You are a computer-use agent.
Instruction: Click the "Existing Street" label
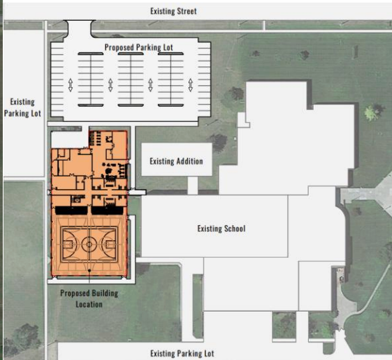(174, 11)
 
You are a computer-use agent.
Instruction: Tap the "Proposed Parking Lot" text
(139, 47)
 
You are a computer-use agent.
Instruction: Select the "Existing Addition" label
(176, 161)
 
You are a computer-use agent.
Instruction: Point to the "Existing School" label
(222, 228)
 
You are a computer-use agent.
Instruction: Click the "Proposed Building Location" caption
(89, 299)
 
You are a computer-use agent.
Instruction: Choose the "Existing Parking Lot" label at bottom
(182, 354)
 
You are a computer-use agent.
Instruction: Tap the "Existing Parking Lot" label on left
(22, 108)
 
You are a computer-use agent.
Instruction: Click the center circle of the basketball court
(89, 244)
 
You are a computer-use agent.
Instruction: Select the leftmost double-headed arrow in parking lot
(71, 85)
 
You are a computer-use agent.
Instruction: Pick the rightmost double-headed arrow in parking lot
(190, 85)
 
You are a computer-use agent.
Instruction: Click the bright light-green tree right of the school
(372, 113)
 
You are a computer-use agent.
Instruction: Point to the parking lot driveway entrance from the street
(79, 28)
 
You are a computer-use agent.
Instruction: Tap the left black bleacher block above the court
(71, 210)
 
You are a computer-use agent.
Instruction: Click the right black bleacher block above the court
(107, 210)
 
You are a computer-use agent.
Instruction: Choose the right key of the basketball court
(109, 244)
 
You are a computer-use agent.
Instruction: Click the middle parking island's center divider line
(130, 80)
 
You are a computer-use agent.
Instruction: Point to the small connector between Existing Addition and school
(193, 185)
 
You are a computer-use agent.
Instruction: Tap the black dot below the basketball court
(89, 271)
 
